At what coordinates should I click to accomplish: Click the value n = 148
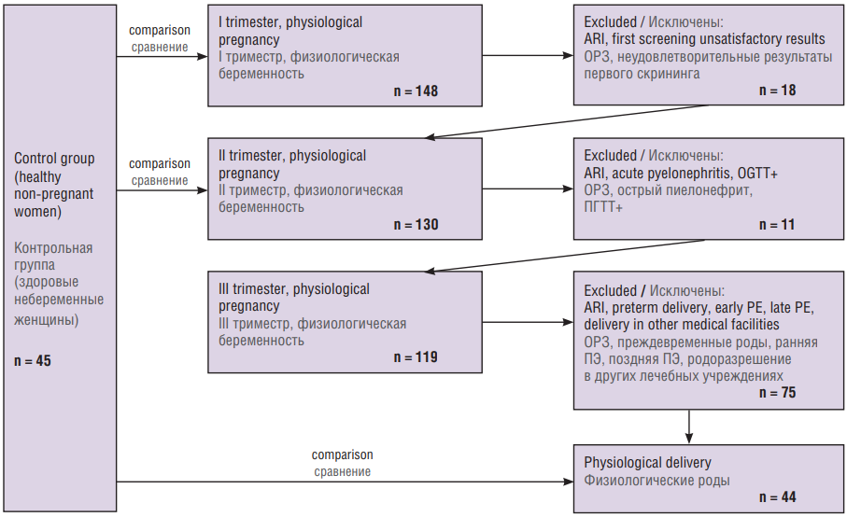pos(416,91)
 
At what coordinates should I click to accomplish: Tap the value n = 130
pos(416,225)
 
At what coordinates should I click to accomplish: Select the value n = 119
pos(416,357)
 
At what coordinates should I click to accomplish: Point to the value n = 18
pos(777,91)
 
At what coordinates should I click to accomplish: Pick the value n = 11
pos(777,225)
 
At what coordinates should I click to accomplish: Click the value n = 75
pos(777,393)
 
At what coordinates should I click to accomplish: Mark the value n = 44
pos(777,497)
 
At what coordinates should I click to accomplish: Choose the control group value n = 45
pos(33,361)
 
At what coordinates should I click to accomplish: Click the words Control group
pos(54,159)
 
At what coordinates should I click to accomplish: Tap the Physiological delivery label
pos(647,463)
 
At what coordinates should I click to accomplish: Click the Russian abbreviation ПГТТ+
pos(603,207)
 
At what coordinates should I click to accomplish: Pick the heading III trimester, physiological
pos(294,289)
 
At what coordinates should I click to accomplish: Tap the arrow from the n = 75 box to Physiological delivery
pos(689,426)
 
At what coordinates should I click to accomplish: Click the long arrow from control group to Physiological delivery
pos(346,482)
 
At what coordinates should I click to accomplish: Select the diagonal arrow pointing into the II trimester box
pos(567,121)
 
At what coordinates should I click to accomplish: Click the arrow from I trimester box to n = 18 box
pos(528,56)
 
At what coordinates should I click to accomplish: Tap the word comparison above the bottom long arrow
pos(342,454)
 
